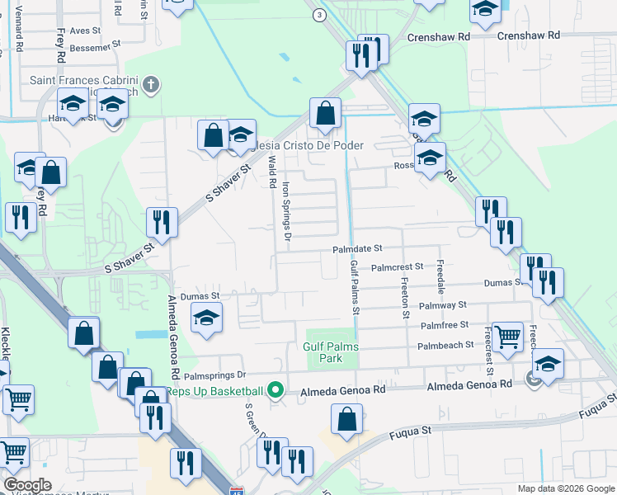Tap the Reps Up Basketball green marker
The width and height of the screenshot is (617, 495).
277,391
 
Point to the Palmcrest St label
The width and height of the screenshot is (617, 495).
397,267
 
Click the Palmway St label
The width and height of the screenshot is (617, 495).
444,305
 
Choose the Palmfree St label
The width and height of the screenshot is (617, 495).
444,325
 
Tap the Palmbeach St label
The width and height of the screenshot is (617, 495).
446,345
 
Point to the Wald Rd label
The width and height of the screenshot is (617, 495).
271,172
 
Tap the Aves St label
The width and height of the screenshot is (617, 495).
84,30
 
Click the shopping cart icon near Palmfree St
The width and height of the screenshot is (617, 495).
506,335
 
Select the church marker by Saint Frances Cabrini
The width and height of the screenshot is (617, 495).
150,83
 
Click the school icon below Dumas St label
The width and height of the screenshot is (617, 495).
206,318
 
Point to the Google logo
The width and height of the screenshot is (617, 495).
27,485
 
